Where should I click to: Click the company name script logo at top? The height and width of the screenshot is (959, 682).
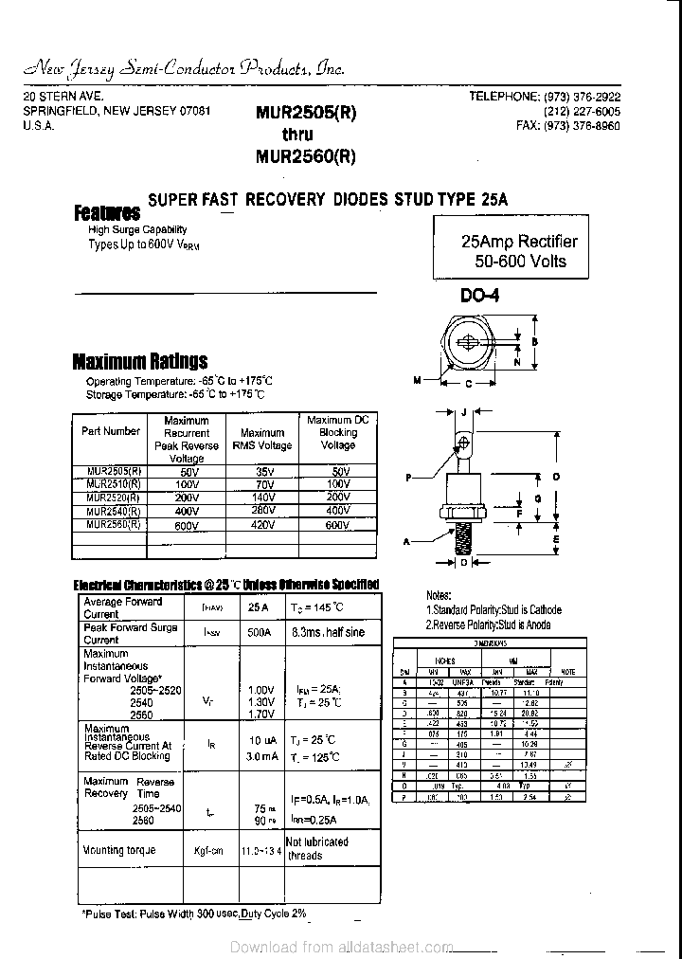coord(184,68)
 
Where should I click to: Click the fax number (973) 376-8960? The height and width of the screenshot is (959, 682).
coord(568,125)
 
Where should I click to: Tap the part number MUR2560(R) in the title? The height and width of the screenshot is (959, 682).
coord(305,157)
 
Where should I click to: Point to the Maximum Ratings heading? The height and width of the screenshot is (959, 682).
coord(140,361)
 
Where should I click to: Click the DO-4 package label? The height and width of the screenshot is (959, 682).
coord(479,296)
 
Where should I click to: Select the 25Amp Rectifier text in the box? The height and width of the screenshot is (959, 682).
coord(518,242)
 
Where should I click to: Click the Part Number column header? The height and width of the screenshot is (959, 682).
coord(111,431)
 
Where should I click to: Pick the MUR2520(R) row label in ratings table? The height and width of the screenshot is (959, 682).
coord(113,497)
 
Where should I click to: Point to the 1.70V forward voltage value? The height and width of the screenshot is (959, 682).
coord(260,714)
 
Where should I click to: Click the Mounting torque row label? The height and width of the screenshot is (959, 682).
coord(119,850)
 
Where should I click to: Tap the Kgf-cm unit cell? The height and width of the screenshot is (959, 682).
coord(208,851)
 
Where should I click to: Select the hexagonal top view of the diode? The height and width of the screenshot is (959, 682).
coord(468,346)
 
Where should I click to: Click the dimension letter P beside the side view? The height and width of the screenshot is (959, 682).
coord(409,479)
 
